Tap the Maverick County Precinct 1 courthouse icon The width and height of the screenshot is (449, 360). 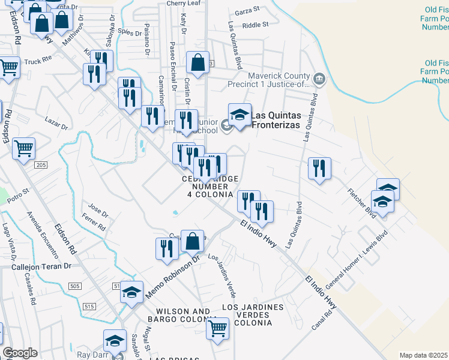[x=319, y=77]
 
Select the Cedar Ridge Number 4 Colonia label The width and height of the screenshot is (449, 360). [x=208, y=187]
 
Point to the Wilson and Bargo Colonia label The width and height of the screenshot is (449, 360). [x=182, y=316]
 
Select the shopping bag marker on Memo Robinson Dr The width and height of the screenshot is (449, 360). [x=192, y=241]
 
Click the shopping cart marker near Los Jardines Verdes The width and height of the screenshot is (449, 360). [x=217, y=328]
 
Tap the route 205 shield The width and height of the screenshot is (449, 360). [x=41, y=165]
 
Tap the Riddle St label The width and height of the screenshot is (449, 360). [x=255, y=26]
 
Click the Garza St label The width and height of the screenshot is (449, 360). [x=247, y=10]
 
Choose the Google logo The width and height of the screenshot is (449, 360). [x=20, y=353]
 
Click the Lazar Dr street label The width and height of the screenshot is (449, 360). [x=56, y=124]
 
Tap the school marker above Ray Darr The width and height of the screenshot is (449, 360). [x=114, y=340]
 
